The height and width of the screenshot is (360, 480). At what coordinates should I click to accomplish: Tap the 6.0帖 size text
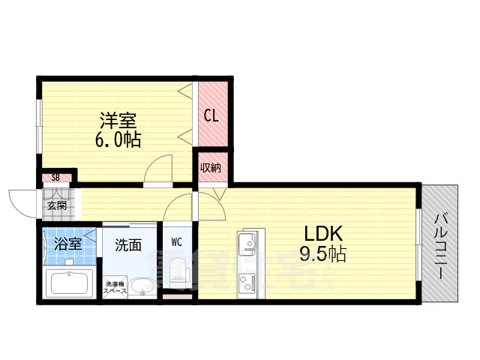[119, 139]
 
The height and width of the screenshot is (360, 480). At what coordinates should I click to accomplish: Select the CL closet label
[211, 115]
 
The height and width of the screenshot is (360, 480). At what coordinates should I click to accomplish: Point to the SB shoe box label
[56, 178]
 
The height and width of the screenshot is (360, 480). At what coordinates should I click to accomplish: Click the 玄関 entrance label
[56, 205]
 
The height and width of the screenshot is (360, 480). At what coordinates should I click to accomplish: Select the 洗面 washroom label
[128, 244]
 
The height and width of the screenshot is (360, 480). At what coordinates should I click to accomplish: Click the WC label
[177, 241]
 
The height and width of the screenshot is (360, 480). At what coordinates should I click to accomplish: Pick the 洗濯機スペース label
[115, 288]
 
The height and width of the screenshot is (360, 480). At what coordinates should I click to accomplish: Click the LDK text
[322, 233]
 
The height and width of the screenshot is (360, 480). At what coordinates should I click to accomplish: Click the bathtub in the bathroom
[69, 284]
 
